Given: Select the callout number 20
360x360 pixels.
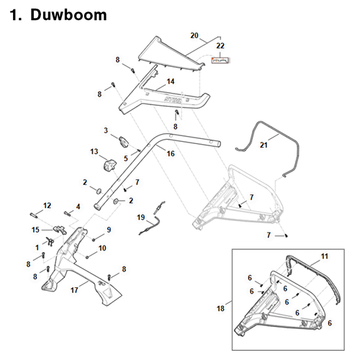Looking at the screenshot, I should point(194,35).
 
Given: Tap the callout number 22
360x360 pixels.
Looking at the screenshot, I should point(220,46).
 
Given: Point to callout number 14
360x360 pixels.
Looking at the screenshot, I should point(171,81).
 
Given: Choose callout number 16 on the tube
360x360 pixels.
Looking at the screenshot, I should point(171,153).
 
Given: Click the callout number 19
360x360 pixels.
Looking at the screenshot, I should point(141,217).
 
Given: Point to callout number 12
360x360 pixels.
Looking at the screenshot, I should point(48,206).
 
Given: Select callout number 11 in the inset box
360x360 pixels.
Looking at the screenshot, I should point(324,256).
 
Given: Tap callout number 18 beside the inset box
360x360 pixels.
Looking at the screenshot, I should point(220,309).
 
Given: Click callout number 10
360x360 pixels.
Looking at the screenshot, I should point(102,248).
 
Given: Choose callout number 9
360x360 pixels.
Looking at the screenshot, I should point(109,230).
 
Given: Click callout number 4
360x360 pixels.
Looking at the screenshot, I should point(78,207).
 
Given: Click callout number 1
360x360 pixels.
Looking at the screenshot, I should point(37,247).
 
